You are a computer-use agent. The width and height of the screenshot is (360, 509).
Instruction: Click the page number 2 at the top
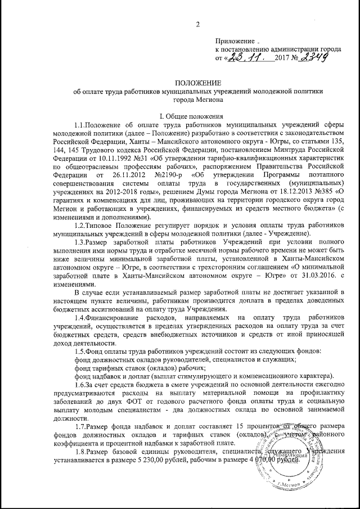pos(197,24)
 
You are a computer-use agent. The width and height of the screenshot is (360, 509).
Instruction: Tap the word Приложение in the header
pos(233,42)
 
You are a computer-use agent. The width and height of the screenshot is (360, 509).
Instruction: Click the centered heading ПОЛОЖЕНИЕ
pos(197,83)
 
